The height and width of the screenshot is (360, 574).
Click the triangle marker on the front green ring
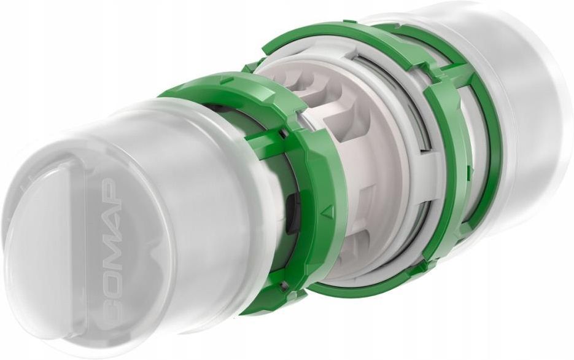328,211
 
